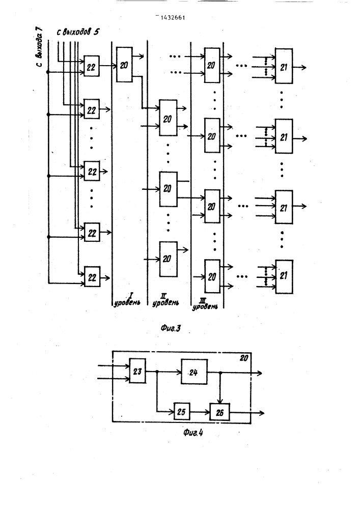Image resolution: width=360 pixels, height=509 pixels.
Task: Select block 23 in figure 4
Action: click(137, 371)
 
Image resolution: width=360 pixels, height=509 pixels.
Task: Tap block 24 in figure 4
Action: click(194, 372)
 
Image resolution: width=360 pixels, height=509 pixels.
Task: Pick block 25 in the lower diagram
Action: click(181, 412)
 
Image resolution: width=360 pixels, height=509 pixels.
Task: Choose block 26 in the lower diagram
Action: click(220, 412)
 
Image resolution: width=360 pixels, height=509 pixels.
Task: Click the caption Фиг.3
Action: click(171, 328)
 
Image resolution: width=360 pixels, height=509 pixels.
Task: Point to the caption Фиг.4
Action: click(193, 432)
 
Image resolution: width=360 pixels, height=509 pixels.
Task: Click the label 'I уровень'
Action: click(127, 300)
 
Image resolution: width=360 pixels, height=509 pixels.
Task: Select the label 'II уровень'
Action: click(165, 300)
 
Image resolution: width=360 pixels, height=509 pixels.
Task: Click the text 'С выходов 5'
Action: click(78, 32)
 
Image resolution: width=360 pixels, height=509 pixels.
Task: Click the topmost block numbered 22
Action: click(92, 66)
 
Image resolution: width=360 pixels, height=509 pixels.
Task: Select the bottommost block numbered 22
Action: click(92, 276)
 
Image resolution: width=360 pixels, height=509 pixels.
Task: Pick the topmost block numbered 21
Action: click(284, 66)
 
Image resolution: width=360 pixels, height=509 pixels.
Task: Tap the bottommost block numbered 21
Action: click(284, 276)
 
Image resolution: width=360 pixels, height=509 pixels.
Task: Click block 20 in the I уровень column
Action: click(124, 65)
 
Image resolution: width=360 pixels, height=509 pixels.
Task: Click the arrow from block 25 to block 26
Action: click(200, 412)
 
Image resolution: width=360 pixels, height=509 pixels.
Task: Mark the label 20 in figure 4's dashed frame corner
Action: click(244, 358)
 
